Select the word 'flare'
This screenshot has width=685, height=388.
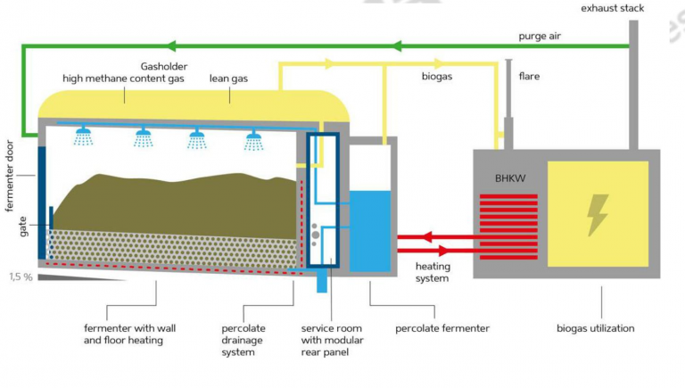(531, 77)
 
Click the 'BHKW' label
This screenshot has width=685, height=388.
(510, 178)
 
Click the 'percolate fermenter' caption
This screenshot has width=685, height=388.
(442, 328)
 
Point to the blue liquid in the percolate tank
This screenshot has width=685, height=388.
(370, 229)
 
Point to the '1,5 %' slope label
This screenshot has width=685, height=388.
(21, 277)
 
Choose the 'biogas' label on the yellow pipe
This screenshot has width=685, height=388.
(438, 77)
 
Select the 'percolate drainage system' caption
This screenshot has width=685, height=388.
(243, 340)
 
